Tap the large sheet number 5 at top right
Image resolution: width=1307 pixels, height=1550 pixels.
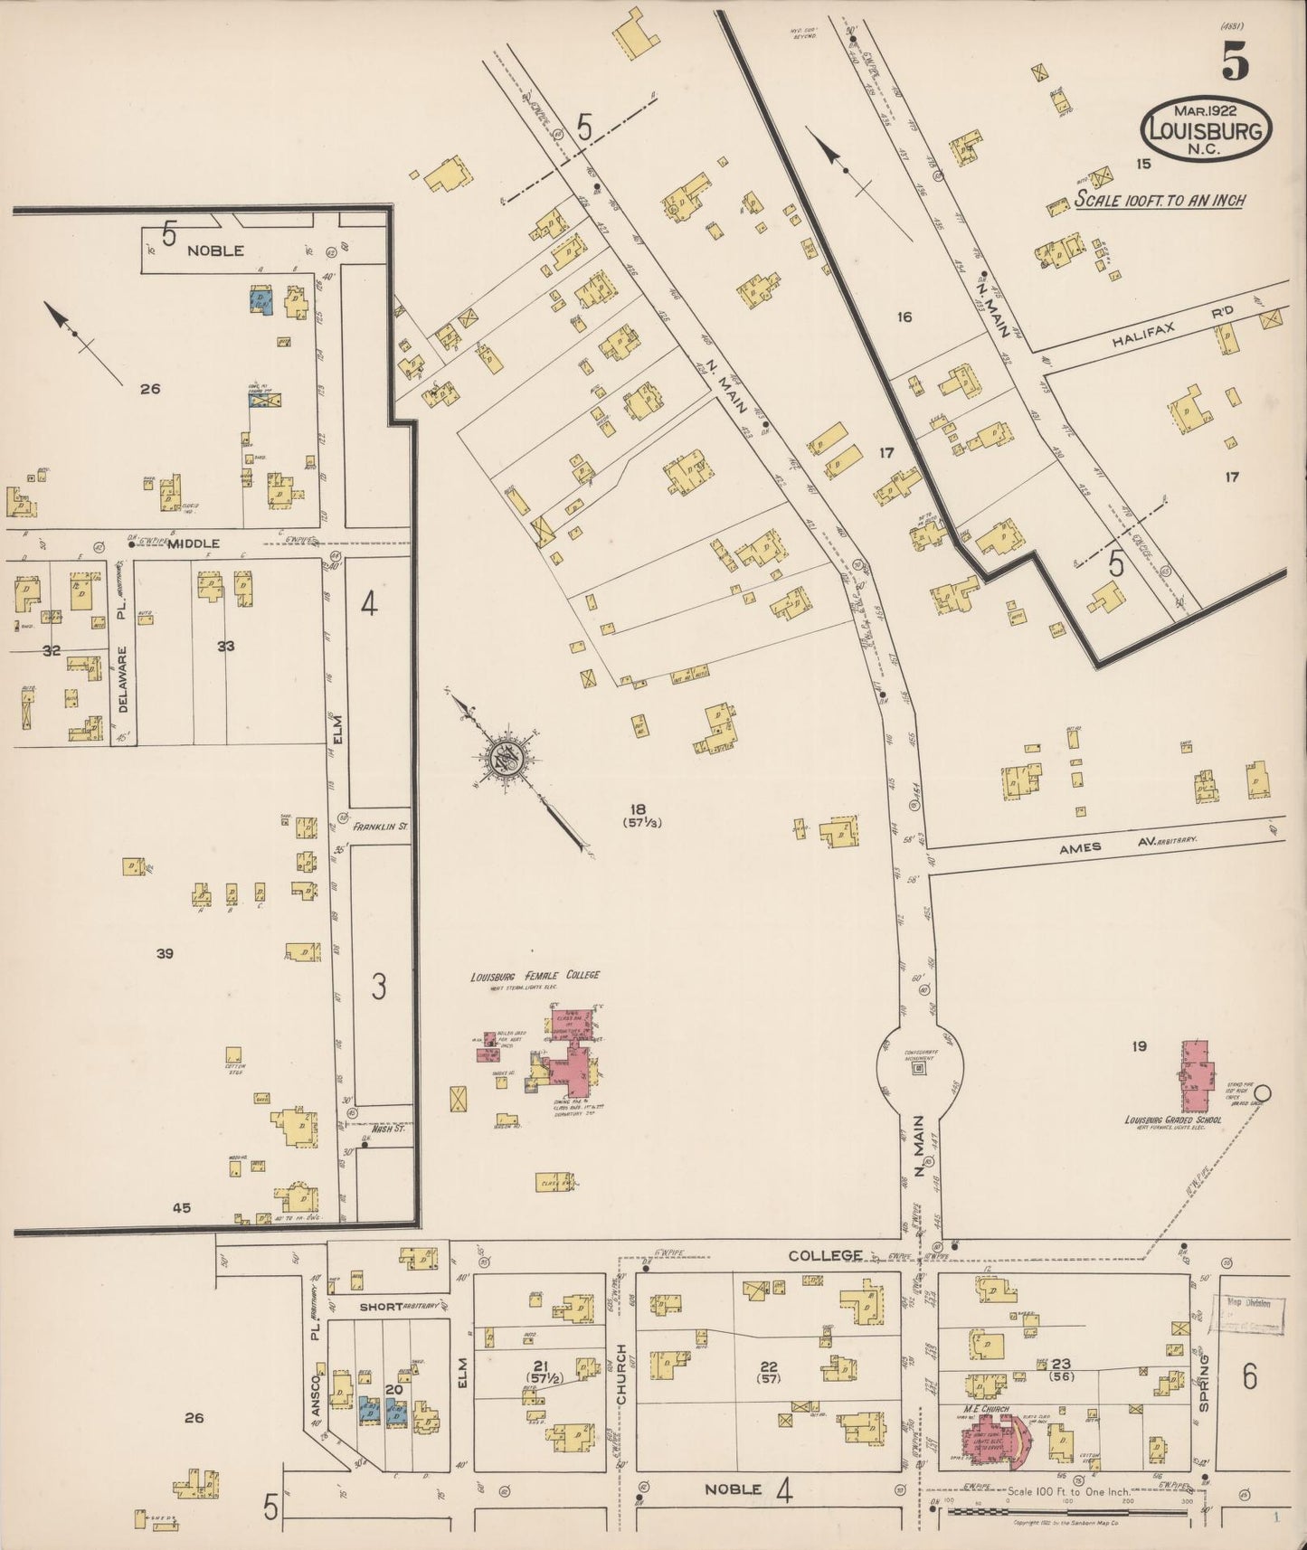click(x=1235, y=61)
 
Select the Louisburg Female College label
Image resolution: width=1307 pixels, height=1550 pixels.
click(x=535, y=976)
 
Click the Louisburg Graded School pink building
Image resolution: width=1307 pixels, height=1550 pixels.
click(x=1196, y=1077)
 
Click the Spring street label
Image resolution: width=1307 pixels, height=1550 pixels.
click(x=1204, y=1381)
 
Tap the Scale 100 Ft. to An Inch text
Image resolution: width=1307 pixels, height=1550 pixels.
click(x=1159, y=200)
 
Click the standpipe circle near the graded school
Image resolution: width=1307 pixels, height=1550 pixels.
click(x=1263, y=1093)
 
